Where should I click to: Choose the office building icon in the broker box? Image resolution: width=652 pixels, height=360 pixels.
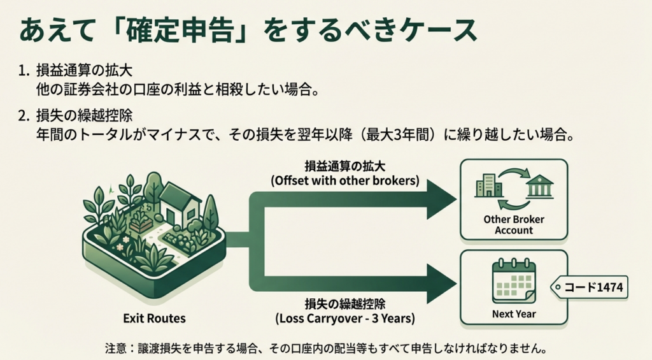tap(488, 185)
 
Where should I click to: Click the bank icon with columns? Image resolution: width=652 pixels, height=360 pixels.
tap(540, 187)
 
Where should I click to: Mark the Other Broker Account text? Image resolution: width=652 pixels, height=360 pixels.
tap(513, 224)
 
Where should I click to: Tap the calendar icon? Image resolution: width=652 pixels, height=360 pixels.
tap(514, 280)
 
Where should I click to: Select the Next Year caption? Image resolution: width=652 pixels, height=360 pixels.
tap(514, 313)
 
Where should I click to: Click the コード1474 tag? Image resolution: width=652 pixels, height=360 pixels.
tap(591, 288)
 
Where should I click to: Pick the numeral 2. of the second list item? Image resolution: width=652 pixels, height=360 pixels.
tap(24, 116)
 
